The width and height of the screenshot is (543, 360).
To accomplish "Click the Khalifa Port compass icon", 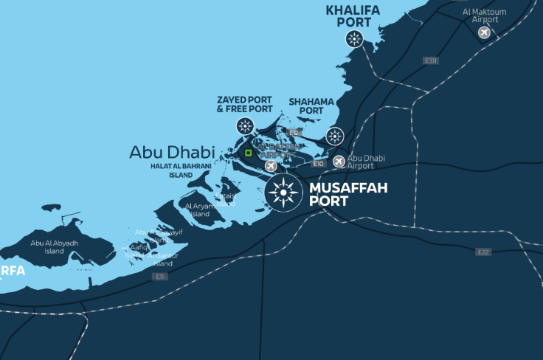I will click(x=355, y=39).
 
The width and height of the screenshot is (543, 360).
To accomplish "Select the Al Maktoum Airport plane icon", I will click(x=485, y=32).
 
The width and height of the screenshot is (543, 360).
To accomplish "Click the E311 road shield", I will click(x=431, y=60).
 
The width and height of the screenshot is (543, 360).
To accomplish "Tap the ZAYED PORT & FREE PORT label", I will click(x=244, y=104).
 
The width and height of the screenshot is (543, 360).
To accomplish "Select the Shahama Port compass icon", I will click(x=335, y=136).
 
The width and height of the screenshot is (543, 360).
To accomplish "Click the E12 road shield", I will click(x=294, y=133).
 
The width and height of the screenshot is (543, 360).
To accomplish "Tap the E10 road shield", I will click(x=319, y=164).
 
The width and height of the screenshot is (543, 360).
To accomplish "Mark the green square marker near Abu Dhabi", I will click(x=249, y=153).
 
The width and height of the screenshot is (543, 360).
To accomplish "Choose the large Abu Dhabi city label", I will click(x=172, y=152).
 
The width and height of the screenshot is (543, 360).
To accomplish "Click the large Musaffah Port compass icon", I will click(x=283, y=193).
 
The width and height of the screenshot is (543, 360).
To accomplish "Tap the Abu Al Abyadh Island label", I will click(x=54, y=246).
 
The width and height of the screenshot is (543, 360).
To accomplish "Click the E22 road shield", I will click(x=483, y=252).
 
